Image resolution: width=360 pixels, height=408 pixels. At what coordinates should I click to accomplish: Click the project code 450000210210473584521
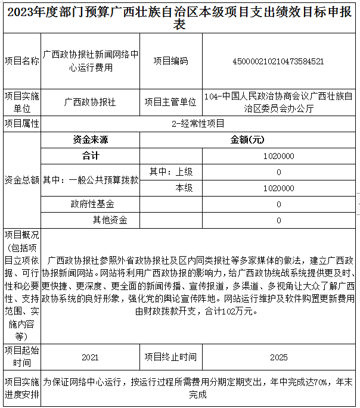278,61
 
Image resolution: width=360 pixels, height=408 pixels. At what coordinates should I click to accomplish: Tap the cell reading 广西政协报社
91,102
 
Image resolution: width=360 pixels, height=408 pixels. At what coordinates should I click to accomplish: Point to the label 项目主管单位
170,102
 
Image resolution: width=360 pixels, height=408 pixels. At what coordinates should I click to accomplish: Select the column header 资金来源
91,140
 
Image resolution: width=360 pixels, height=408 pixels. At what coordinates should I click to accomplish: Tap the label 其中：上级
170,172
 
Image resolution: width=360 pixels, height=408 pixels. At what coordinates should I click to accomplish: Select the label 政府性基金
91,204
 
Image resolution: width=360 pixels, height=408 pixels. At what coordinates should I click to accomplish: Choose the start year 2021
91,357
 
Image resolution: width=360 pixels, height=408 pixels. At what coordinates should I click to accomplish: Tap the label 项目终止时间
170,357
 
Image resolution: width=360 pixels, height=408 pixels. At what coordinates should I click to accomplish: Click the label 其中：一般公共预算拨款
91,180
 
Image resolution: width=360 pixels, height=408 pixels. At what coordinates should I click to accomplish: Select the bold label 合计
91,156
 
